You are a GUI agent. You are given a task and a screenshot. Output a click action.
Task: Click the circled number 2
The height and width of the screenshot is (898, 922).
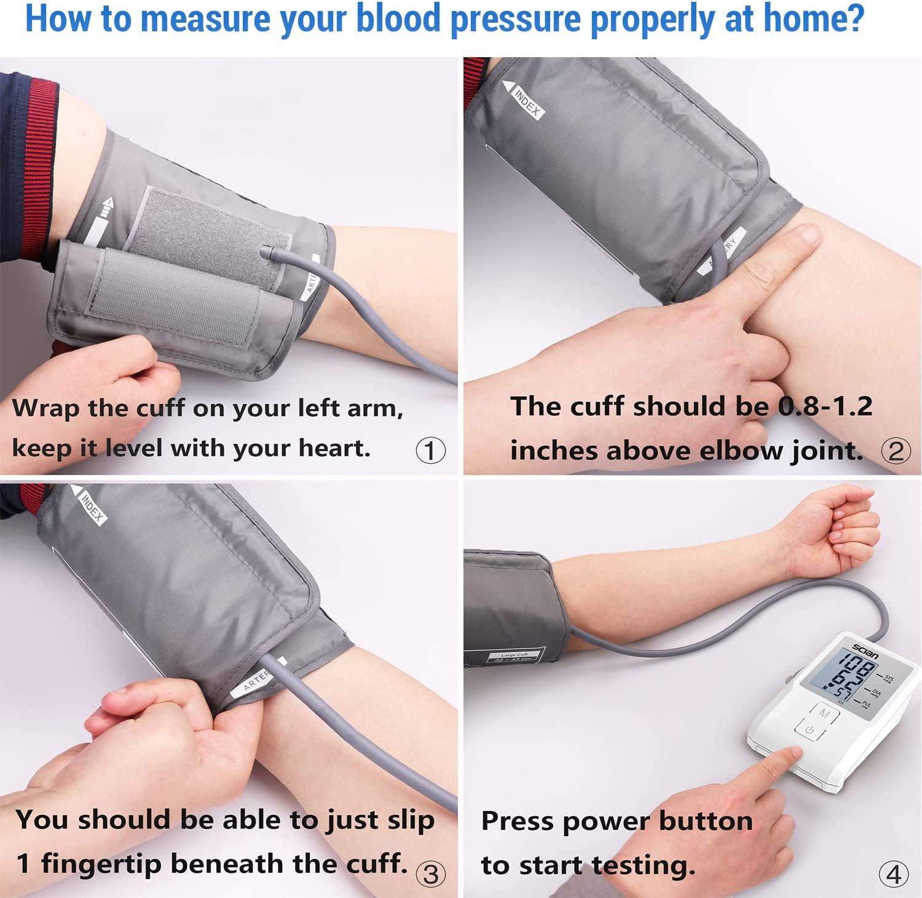pyautogui.click(x=896, y=451)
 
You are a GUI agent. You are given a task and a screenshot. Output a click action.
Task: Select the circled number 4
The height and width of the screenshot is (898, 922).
pyautogui.click(x=893, y=873)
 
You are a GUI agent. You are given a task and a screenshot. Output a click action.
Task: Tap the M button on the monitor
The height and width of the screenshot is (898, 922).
pyautogui.click(x=824, y=714)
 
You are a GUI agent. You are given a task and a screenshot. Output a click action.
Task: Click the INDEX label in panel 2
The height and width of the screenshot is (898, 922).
pyautogui.click(x=526, y=101)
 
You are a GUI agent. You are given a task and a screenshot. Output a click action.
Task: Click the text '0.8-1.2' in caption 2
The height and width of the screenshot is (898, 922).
pyautogui.click(x=825, y=407)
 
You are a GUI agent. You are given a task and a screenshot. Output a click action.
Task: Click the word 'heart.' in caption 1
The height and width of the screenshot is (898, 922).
pyautogui.click(x=334, y=448)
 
